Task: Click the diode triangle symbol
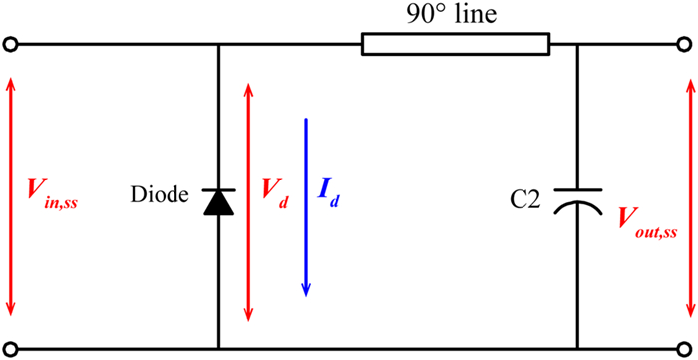coord(219,202)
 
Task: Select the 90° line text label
coord(452,16)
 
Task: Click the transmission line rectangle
coord(456,45)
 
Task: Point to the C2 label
coord(525,201)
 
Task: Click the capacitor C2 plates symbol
coord(577,200)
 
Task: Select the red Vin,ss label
coord(51,194)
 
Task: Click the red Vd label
coord(274,193)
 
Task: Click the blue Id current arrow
coord(306,207)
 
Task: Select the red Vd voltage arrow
coord(249,201)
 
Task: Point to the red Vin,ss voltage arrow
coord(10,195)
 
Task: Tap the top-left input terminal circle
coord(10,45)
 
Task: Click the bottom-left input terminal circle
coord(10,348)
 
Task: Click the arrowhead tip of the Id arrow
coord(306,296)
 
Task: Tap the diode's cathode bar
coord(219,190)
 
